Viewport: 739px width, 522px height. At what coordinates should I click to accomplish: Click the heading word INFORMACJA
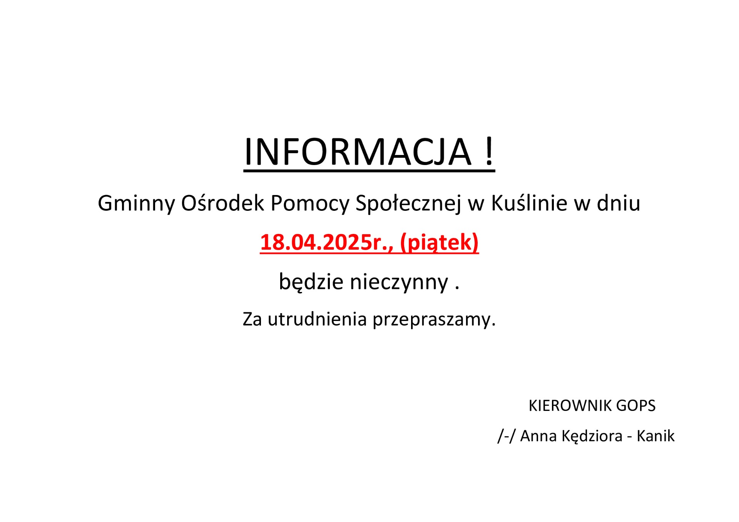point(358,152)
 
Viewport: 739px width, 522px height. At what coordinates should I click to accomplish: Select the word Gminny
point(136,203)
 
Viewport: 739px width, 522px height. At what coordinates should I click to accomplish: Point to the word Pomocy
point(310,203)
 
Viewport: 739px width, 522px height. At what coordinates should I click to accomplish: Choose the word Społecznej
point(408,203)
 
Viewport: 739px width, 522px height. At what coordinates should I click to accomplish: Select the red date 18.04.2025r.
point(326,242)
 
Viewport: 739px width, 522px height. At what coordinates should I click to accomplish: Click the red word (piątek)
point(439,243)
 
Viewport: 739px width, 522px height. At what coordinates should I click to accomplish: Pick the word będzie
point(311,282)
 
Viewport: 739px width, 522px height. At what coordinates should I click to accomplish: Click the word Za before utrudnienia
point(252,319)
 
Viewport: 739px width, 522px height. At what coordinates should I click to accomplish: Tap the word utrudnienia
point(317,319)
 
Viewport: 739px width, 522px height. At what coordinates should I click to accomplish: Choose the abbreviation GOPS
point(636,406)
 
